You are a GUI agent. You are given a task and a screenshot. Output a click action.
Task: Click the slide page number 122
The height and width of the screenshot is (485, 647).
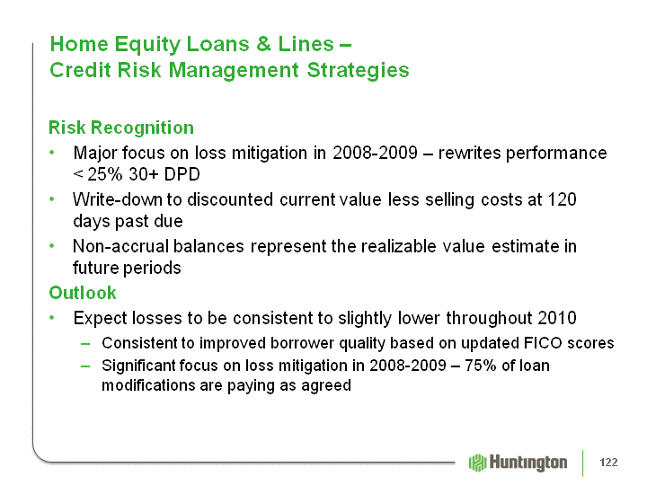pyautogui.click(x=608, y=463)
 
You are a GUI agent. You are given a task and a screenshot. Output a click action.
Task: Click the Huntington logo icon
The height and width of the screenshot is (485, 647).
pyautogui.click(x=478, y=463)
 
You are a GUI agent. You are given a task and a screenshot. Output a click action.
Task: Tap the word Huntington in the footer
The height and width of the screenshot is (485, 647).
pyautogui.click(x=528, y=463)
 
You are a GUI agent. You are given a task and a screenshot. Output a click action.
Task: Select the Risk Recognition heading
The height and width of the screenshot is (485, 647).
pyautogui.click(x=121, y=128)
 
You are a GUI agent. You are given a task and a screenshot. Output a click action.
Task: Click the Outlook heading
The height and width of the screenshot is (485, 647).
pyautogui.click(x=83, y=293)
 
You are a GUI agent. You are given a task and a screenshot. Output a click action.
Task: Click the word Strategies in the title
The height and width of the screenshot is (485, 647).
pyautogui.click(x=358, y=70)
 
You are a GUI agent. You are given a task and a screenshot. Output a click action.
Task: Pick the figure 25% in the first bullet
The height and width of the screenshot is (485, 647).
pyautogui.click(x=105, y=174)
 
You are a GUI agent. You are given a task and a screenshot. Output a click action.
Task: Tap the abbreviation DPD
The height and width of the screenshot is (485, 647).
pyautogui.click(x=182, y=174)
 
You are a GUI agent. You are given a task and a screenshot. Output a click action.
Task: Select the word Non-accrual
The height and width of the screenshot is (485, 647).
pyautogui.click(x=121, y=246)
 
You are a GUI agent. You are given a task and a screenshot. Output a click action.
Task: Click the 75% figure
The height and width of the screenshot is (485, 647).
pyautogui.click(x=481, y=366)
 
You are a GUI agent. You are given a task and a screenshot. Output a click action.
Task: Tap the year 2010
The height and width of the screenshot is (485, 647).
pyautogui.click(x=557, y=318)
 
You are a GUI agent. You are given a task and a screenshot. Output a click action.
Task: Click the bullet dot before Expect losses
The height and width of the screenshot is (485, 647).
pyautogui.click(x=51, y=318)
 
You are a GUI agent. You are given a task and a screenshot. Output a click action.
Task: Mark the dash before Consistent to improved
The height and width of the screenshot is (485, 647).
pyautogui.click(x=85, y=343)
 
